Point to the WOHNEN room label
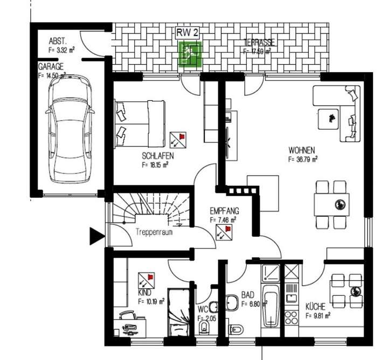[301, 150]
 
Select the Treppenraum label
[153, 232]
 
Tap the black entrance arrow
[96, 235]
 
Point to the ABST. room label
[57, 41]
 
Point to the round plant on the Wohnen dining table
[340, 204]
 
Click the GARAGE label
[50, 67]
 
